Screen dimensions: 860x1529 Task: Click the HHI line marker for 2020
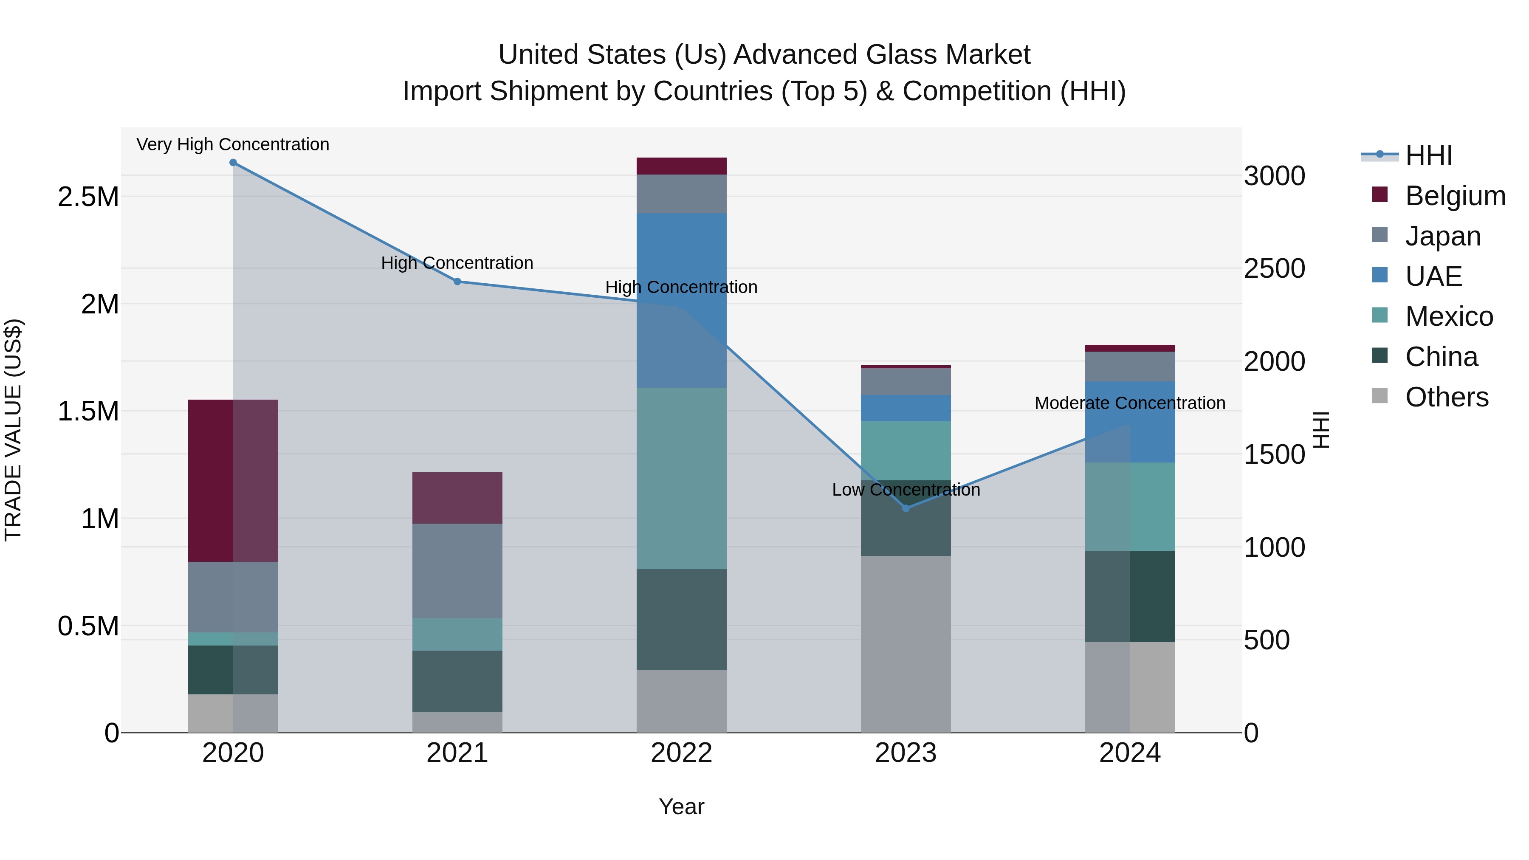(x=233, y=163)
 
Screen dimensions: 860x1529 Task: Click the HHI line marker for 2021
(x=457, y=281)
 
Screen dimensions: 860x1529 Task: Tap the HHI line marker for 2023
(x=906, y=508)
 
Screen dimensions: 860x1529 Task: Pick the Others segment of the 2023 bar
(x=906, y=644)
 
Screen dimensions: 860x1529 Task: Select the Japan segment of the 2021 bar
(x=457, y=570)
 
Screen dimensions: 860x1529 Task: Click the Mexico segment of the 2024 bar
(x=1129, y=506)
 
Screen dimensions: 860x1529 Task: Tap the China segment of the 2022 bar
(x=681, y=620)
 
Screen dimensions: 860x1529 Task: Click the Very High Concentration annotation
(x=233, y=145)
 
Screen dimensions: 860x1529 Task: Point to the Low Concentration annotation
(x=906, y=490)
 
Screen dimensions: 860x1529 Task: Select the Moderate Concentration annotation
(x=1129, y=403)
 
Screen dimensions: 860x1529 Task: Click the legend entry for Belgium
(x=1454, y=196)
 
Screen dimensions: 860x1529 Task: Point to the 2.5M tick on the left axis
(x=88, y=197)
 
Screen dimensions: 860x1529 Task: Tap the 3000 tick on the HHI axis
(x=1274, y=176)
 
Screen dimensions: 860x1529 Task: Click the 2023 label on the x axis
(x=906, y=753)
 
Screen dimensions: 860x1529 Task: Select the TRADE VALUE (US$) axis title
(x=13, y=430)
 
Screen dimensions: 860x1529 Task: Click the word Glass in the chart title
(x=902, y=55)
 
